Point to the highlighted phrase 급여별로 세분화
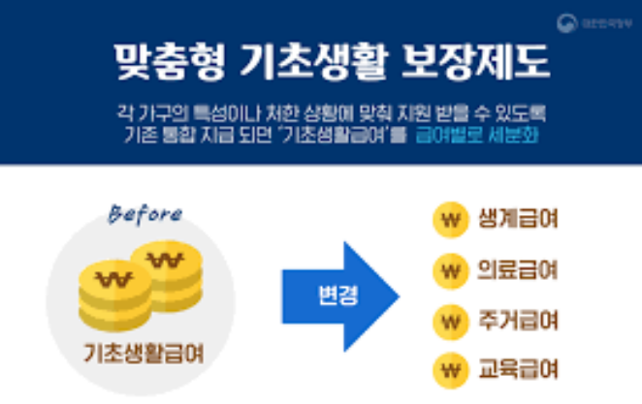point(478,136)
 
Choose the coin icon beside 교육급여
point(447,369)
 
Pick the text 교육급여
point(518,369)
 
